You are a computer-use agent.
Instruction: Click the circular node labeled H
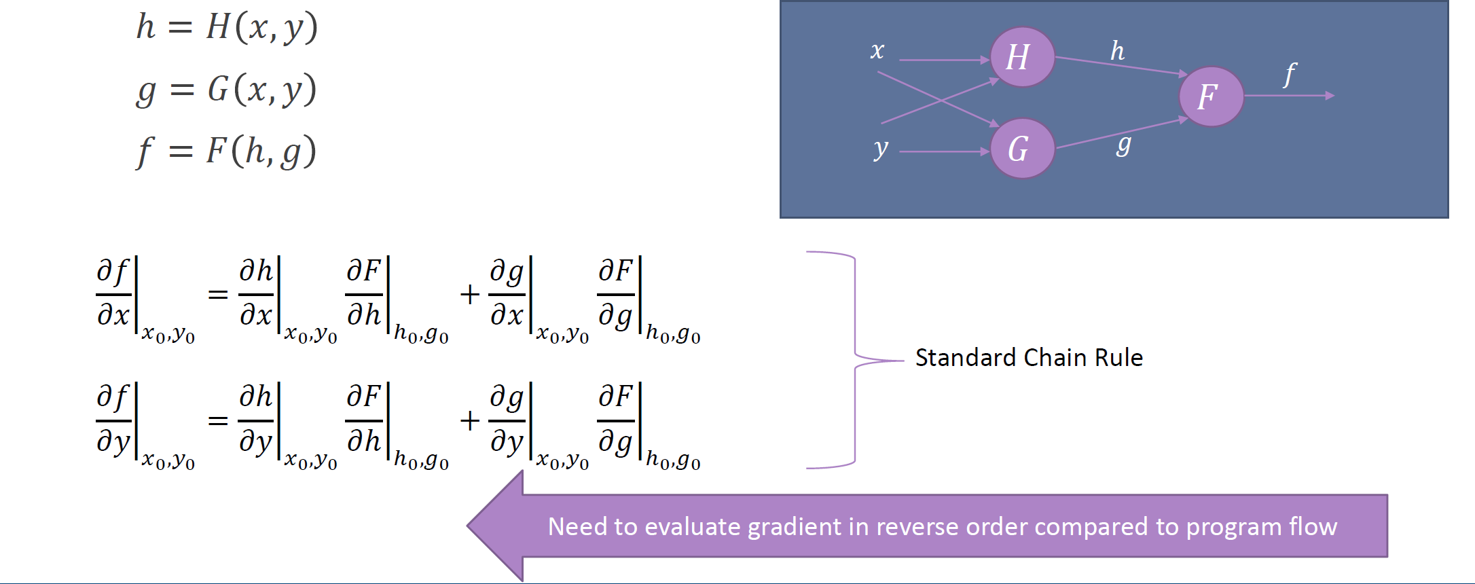point(1022,57)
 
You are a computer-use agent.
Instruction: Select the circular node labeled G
point(1022,149)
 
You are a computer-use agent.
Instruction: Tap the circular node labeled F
point(1211,96)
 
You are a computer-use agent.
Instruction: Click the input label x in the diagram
point(877,50)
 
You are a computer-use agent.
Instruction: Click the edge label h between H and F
point(1117,51)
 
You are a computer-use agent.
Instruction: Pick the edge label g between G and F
point(1124,144)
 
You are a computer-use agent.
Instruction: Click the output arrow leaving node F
point(1290,96)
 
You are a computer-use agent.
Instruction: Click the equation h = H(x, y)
point(227,28)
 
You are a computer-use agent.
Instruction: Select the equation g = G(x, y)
point(227,90)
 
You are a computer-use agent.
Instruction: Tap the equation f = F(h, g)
point(227,151)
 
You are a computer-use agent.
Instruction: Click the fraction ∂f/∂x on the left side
point(113,293)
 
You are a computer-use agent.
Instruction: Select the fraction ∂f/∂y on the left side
point(113,420)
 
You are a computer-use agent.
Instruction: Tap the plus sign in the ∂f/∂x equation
point(469,295)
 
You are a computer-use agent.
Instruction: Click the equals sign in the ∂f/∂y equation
point(217,420)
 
